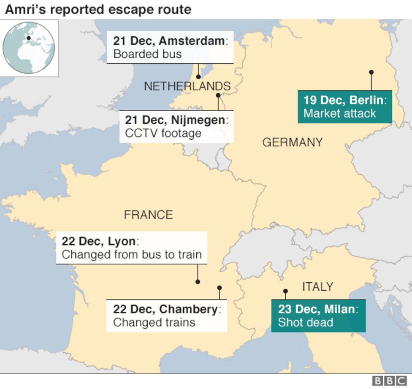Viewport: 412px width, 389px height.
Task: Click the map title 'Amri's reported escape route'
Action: tap(98, 9)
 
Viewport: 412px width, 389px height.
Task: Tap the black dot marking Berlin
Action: tap(371, 72)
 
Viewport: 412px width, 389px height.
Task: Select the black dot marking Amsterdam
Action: tap(198, 77)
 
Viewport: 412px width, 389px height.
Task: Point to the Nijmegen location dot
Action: tap(218, 95)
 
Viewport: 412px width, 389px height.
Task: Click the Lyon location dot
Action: tap(198, 282)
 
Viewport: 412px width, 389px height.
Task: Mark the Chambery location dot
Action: tap(220, 288)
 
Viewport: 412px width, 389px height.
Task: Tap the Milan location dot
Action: tap(285, 291)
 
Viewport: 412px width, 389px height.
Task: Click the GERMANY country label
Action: tap(293, 143)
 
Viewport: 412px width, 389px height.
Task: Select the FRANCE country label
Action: tap(148, 215)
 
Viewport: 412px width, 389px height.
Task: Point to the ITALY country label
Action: tap(317, 287)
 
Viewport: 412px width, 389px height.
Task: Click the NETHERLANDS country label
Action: tap(187, 86)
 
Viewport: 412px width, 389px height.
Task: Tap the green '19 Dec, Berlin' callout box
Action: tap(344, 107)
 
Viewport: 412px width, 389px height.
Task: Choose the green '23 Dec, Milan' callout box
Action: tap(318, 316)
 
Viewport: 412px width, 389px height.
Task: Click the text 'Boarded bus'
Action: tap(147, 54)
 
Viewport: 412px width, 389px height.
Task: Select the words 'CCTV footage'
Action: tap(163, 133)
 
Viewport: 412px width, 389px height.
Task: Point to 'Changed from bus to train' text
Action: tap(132, 254)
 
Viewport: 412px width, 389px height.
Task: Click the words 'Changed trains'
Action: tap(154, 322)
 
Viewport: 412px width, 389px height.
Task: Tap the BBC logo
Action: tap(389, 381)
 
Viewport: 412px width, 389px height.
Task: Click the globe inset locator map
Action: tap(29, 48)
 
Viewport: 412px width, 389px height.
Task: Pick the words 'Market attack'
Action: tap(339, 113)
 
